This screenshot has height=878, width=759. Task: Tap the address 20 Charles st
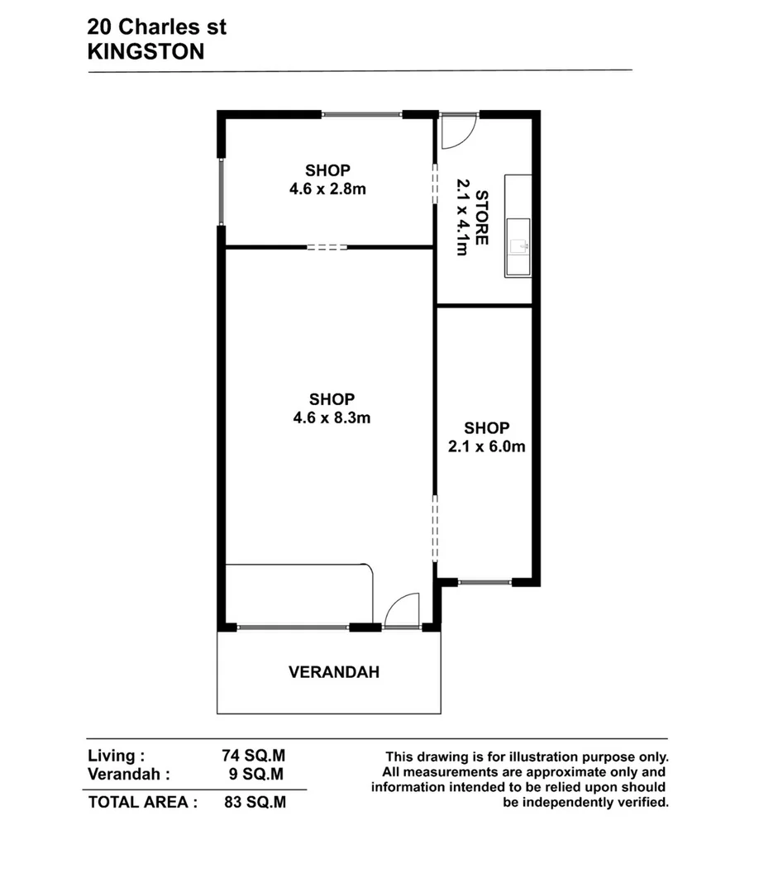(x=156, y=27)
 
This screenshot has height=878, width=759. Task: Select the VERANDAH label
(x=334, y=672)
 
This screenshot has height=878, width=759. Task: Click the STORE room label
(x=481, y=218)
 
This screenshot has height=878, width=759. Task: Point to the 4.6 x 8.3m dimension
(x=332, y=418)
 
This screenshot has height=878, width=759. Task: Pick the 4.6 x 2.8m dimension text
(x=327, y=188)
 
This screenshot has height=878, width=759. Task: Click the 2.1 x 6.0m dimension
(x=486, y=446)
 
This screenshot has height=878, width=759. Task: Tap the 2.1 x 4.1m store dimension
(x=462, y=218)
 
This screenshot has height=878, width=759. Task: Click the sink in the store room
(x=518, y=246)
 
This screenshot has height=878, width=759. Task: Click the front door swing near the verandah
(x=403, y=611)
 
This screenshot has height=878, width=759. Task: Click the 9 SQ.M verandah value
(x=259, y=775)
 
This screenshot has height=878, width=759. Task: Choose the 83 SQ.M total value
(x=255, y=802)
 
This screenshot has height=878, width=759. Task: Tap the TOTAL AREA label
(x=142, y=802)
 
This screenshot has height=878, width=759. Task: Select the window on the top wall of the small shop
(x=362, y=115)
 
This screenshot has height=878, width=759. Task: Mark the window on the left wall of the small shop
(x=222, y=191)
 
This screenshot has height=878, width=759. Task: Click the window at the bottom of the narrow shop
(x=485, y=583)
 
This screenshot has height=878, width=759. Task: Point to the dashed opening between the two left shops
(x=327, y=246)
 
